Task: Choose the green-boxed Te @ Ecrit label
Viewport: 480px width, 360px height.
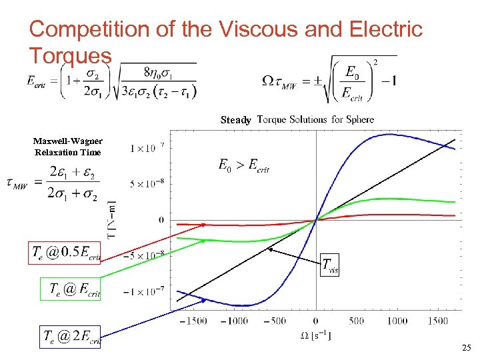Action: pyautogui.click(x=71, y=289)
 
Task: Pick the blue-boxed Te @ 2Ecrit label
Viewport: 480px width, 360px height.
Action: pyautogui.click(x=71, y=337)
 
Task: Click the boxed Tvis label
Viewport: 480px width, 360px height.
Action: pyautogui.click(x=330, y=265)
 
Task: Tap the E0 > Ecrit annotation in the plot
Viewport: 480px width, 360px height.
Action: pyautogui.click(x=243, y=165)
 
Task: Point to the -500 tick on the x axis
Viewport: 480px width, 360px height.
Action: pyautogui.click(x=275, y=321)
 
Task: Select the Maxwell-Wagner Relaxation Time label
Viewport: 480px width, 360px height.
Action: pyautogui.click(x=67, y=147)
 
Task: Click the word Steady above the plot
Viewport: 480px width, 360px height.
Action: pyautogui.click(x=236, y=121)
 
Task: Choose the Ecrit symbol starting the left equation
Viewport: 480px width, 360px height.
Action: pyautogui.click(x=39, y=81)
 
